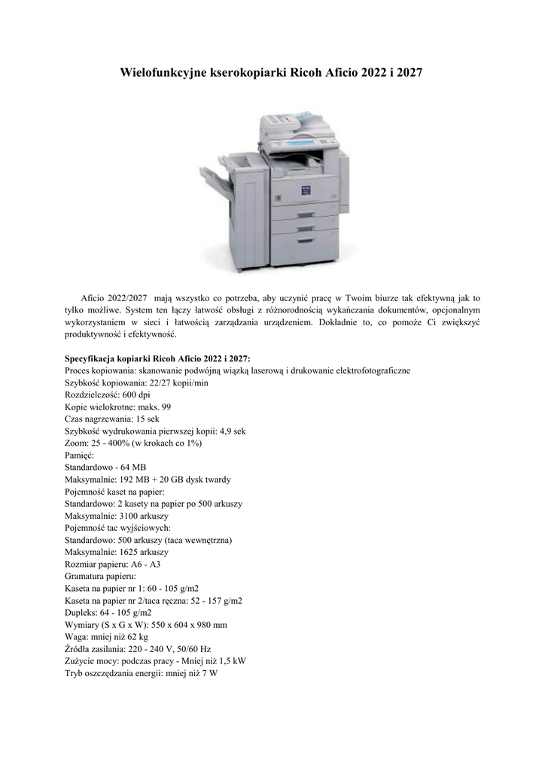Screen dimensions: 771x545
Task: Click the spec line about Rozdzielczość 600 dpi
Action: (x=107, y=395)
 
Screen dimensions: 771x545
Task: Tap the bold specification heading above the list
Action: (x=158, y=358)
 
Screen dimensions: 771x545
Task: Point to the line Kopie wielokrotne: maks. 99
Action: (x=117, y=407)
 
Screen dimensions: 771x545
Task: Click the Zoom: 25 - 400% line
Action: (x=133, y=443)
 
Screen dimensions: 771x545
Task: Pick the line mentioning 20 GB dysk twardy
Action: (x=153, y=479)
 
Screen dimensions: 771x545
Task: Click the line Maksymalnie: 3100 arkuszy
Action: (x=117, y=515)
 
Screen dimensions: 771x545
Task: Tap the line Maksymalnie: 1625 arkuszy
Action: (x=117, y=551)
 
